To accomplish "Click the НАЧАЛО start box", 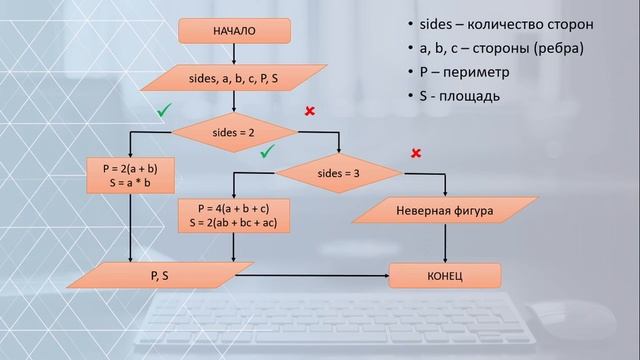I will (234, 31).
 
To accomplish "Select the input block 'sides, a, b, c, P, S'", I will (233, 77).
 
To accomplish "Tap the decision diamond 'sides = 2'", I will (235, 130).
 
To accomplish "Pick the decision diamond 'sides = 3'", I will (338, 172).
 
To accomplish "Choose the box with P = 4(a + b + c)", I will (233, 215).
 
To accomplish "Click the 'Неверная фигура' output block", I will (444, 211).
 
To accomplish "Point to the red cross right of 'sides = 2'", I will (310, 111).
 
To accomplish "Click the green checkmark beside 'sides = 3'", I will (267, 153).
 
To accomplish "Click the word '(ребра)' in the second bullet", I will (557, 49).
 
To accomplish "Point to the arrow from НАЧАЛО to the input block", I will (234, 54).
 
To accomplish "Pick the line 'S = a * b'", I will (131, 184).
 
